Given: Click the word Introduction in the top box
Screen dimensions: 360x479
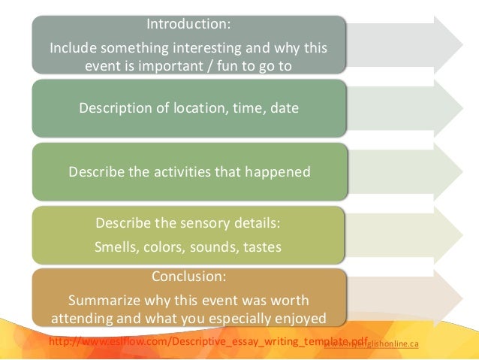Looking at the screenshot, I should click(188, 24).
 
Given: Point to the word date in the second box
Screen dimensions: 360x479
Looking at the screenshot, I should click(284, 107).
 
